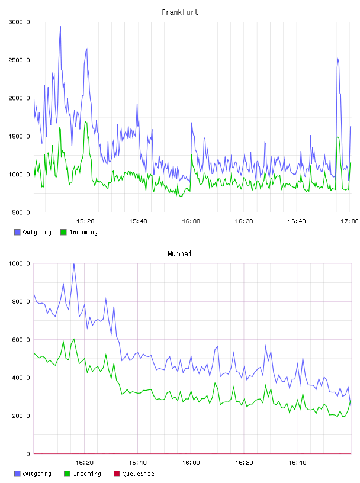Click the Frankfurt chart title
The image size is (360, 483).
(x=180, y=12)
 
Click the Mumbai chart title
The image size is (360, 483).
(x=179, y=254)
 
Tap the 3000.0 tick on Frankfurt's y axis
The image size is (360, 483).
(x=19, y=22)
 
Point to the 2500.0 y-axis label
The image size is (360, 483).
(x=19, y=60)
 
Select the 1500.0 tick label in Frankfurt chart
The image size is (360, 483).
(x=19, y=137)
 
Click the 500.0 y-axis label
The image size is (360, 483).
(x=21, y=212)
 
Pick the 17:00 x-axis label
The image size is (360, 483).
(x=349, y=221)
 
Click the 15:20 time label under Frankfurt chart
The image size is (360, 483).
(x=85, y=221)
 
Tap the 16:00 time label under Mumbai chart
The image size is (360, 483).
(x=191, y=463)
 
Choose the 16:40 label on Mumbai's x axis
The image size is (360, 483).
(x=297, y=463)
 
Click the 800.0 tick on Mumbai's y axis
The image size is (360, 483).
(x=21, y=301)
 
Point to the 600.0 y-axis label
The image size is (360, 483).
(x=21, y=340)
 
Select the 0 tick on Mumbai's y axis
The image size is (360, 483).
(x=28, y=454)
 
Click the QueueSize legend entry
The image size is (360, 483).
(x=134, y=474)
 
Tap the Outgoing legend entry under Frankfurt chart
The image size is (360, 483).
(x=33, y=232)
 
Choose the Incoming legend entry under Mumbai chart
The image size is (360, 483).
(x=83, y=474)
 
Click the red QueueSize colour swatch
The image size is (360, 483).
(x=117, y=474)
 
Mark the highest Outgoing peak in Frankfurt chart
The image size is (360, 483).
(x=60, y=27)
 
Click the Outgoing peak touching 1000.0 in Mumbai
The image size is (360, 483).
(x=73, y=264)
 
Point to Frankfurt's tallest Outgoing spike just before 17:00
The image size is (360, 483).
(x=338, y=59)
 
